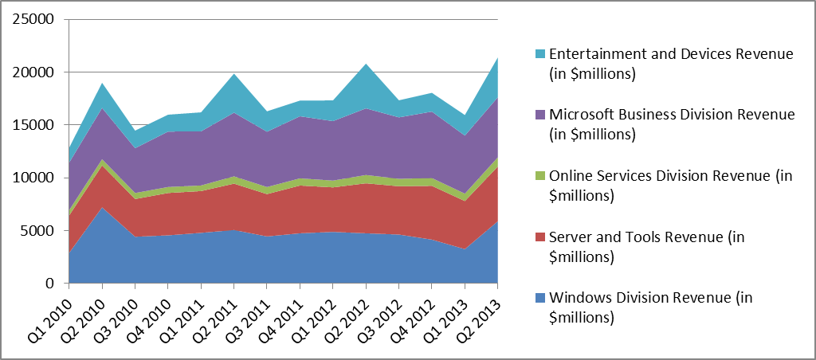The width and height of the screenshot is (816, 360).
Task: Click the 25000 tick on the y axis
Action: (x=36, y=19)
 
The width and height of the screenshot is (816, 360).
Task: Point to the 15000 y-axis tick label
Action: (x=36, y=125)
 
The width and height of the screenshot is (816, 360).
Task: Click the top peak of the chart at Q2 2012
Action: (x=366, y=65)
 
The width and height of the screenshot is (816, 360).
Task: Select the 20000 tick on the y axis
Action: (x=36, y=72)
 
